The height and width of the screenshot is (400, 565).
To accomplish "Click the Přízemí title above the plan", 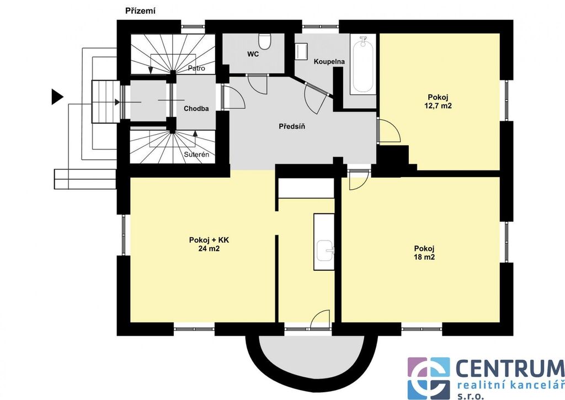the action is tap(141, 11).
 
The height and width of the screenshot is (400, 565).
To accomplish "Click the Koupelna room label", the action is tap(329, 62).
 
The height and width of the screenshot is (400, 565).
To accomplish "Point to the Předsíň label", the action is tap(292, 126).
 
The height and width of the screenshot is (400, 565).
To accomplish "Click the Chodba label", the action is tap(196, 109).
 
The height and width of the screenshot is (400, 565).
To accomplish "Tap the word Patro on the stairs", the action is tap(197, 68).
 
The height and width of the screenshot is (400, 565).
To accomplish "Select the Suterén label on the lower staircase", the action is tap(196, 154).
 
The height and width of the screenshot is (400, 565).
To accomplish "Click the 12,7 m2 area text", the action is tap(440, 106).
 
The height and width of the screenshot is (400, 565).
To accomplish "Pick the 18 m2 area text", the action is tap(424, 257).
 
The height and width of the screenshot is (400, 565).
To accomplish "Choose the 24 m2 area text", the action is tap(209, 248).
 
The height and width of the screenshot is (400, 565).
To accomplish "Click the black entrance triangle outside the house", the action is tap(57, 97).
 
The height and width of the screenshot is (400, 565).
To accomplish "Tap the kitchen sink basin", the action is tap(326, 250).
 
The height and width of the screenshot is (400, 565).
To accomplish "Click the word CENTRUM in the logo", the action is tap(510, 369).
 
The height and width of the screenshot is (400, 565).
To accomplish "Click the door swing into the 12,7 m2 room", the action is tap(389, 130).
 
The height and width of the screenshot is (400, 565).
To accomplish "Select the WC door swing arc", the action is tap(257, 84).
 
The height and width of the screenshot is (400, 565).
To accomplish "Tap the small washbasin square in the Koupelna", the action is tap(301, 51).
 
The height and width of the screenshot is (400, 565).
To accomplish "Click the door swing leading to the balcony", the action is tap(320, 319).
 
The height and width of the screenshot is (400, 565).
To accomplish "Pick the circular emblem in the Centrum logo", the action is tap(428, 378).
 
